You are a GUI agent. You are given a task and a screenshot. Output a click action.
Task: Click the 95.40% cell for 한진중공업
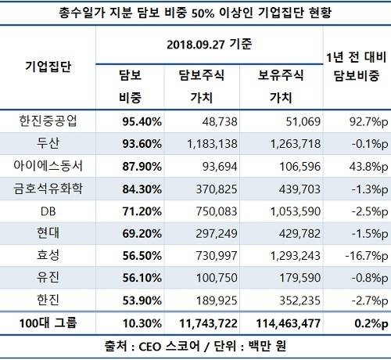tap(142, 121)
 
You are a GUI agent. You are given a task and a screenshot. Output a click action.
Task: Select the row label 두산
tap(48, 143)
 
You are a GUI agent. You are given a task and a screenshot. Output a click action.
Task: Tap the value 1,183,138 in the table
tap(212, 144)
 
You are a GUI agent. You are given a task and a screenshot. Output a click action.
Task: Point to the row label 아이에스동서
tap(48, 166)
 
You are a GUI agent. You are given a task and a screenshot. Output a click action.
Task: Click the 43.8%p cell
tap(368, 167)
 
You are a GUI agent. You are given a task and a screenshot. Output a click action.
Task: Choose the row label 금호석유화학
tap(48, 189)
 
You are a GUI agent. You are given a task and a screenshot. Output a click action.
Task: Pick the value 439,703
tap(300, 189)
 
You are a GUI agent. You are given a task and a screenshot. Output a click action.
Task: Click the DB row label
tap(48, 211)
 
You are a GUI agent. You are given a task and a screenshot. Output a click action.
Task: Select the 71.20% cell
tap(142, 211)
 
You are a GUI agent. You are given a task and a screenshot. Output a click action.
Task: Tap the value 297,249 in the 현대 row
tap(217, 234)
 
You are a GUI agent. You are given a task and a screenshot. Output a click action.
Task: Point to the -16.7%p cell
tap(367, 256)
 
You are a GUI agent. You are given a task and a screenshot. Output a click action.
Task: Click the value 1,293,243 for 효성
tap(296, 256)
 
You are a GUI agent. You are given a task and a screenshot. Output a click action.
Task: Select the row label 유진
tap(48, 277)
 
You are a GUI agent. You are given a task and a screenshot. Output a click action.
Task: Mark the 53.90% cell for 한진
tap(142, 301)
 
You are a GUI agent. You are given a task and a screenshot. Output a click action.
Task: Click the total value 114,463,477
tap(289, 324)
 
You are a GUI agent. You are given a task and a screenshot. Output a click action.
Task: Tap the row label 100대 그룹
tap(48, 323)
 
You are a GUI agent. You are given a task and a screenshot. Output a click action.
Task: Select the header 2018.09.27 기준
tap(210, 45)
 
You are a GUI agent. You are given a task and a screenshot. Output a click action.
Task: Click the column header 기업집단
tap(48, 67)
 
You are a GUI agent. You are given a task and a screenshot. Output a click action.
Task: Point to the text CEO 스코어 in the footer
tap(170, 347)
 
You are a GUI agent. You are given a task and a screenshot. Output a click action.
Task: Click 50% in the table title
tap(203, 13)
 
